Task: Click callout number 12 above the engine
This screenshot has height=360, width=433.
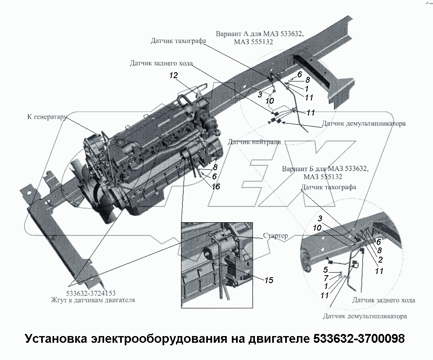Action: coord(174,76)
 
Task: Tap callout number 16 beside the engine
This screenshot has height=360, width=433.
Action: coord(216,186)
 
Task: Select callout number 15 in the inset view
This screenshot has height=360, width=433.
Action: coord(269,280)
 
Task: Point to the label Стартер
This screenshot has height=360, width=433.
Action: coord(276,236)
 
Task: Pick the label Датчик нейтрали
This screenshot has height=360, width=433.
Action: coord(254,142)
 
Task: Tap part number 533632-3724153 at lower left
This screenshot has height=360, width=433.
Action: coord(91,293)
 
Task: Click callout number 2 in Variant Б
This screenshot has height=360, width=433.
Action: coord(380,260)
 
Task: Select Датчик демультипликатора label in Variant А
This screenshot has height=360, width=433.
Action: coord(364,124)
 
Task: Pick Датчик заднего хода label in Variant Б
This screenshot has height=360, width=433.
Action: coord(383,300)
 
